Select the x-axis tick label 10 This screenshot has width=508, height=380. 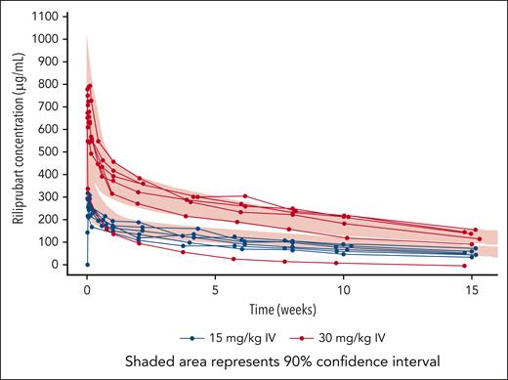343,290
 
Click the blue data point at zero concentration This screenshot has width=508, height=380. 87,264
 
